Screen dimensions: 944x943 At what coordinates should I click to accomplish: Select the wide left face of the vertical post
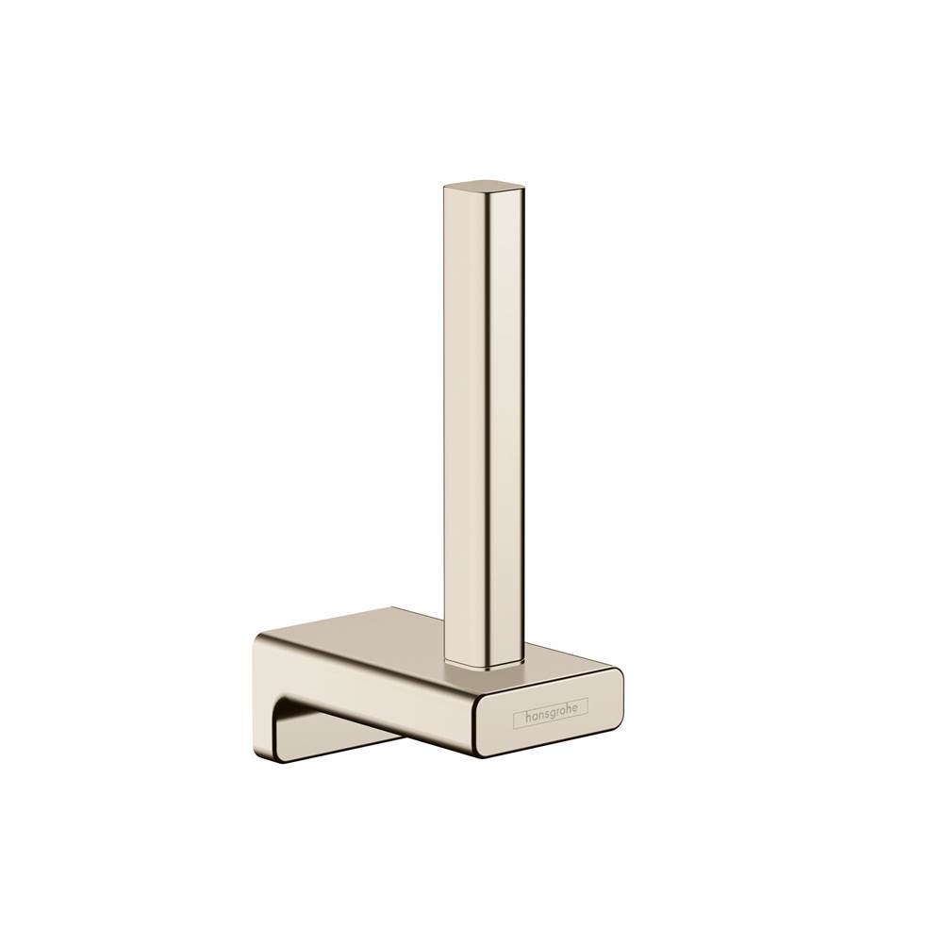463,424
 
